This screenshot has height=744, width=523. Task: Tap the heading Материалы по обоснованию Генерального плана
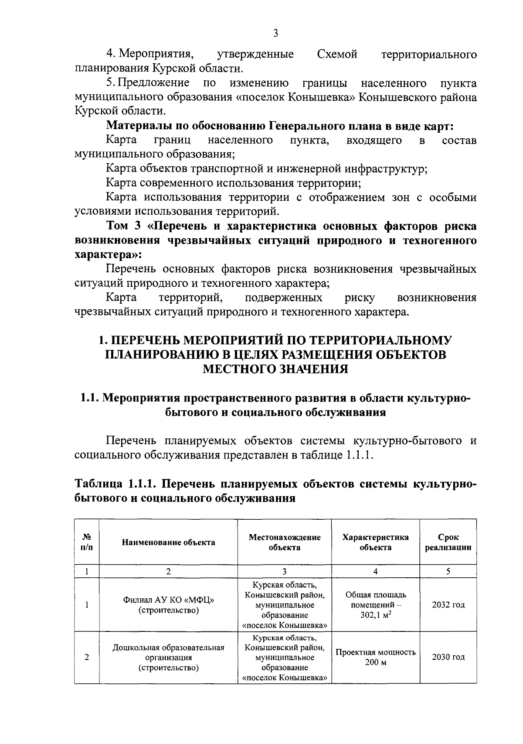click(280, 126)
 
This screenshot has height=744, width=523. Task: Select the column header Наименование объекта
click(168, 542)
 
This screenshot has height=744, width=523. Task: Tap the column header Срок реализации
click(448, 542)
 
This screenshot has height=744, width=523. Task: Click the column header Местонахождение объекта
click(284, 542)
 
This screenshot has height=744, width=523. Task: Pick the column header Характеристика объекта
click(375, 542)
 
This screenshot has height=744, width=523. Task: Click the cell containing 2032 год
click(448, 605)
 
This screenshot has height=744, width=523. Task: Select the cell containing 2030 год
click(448, 657)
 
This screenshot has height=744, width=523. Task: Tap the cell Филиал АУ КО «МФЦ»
click(168, 600)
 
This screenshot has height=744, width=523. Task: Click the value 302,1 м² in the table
click(375, 615)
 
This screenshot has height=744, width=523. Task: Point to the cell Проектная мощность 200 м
click(375, 657)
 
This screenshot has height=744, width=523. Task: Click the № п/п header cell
click(87, 542)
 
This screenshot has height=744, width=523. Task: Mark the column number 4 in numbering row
click(375, 571)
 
